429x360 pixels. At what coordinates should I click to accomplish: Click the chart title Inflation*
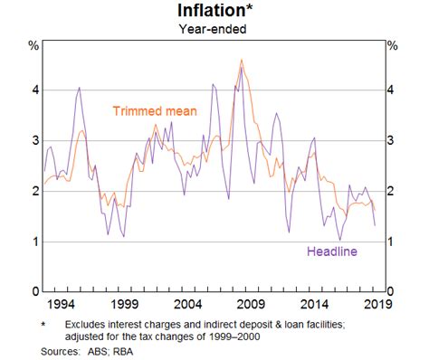coord(214,11)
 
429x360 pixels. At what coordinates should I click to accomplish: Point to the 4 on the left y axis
coord(33,90)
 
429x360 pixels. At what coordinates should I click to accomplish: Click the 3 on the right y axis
coord(391,141)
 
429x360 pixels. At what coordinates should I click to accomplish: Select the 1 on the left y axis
coord(33,242)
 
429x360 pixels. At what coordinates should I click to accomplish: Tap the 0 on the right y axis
coord(391,292)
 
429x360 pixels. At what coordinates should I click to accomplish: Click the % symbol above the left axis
coord(33,45)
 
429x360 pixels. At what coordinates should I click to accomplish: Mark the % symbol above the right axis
coord(392,45)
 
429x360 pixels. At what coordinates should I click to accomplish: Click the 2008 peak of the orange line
coord(241,61)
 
